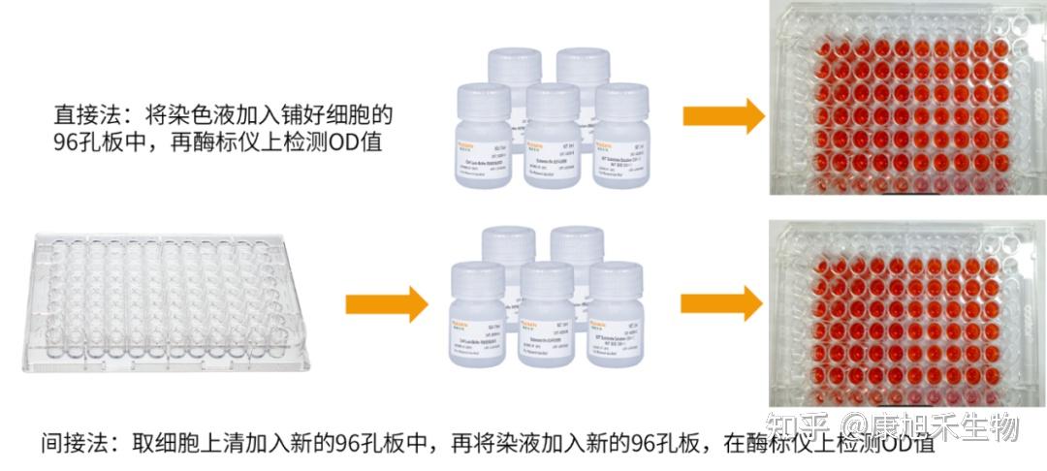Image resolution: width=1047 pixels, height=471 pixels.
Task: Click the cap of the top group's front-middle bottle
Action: pyautogui.click(x=553, y=95)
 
